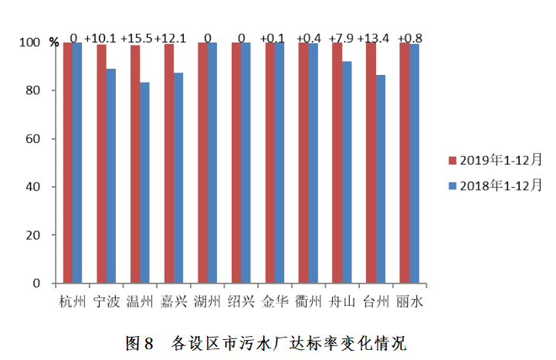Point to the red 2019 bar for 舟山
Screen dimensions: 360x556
[337, 163]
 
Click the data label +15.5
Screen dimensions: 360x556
[137, 38]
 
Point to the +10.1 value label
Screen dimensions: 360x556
[101, 38]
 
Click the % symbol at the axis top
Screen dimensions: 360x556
[54, 42]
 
